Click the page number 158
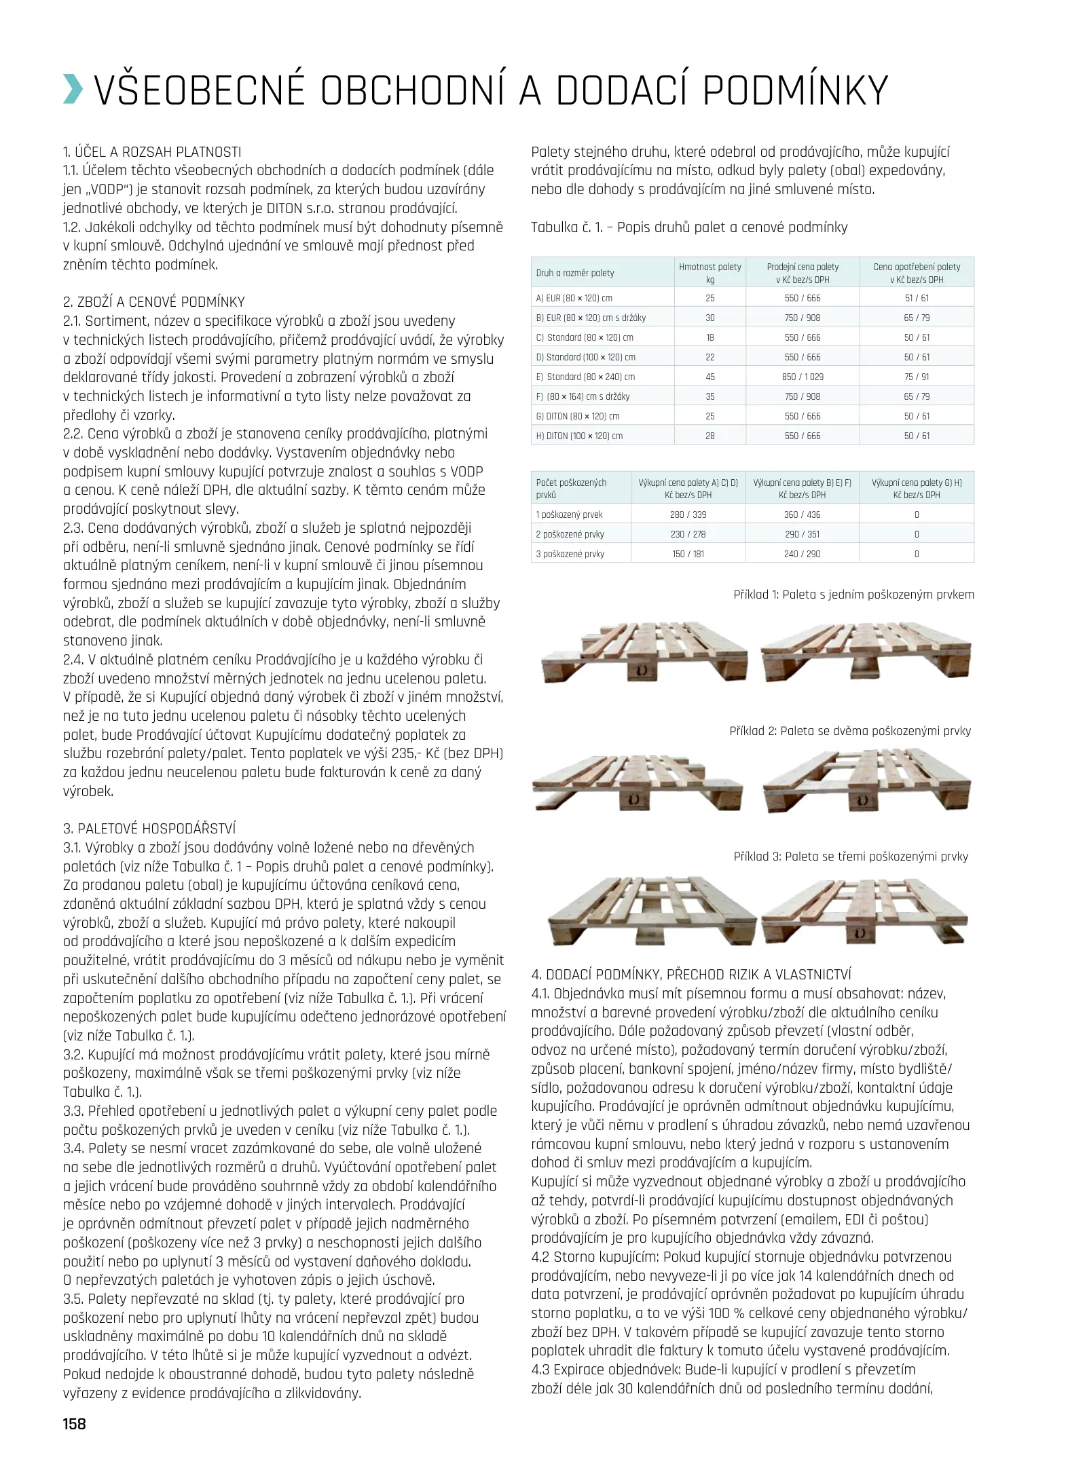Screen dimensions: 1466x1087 (75, 1423)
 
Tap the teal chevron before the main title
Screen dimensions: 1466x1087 (73, 90)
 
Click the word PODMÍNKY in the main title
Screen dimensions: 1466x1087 (795, 90)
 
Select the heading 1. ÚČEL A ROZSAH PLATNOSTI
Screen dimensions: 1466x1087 (152, 152)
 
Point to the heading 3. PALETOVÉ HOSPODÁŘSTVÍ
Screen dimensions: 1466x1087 (149, 828)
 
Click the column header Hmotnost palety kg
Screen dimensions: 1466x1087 (710, 273)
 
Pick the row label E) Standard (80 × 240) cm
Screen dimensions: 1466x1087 (585, 377)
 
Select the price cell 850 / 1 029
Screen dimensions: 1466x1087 (803, 377)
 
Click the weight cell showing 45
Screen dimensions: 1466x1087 (710, 377)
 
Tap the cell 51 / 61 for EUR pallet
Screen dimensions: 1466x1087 (917, 298)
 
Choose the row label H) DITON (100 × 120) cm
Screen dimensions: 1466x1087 (579, 436)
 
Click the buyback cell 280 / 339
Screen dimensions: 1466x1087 (688, 514)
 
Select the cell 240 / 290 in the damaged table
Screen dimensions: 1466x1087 (803, 554)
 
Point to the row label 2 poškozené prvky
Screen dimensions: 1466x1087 (570, 534)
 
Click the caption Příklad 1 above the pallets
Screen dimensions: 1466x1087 (853, 595)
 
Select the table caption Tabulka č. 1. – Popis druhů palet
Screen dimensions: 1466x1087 (689, 227)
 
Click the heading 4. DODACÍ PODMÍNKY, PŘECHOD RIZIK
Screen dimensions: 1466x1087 (691, 975)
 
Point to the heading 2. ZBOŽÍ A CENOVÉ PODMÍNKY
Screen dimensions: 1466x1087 (154, 302)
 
